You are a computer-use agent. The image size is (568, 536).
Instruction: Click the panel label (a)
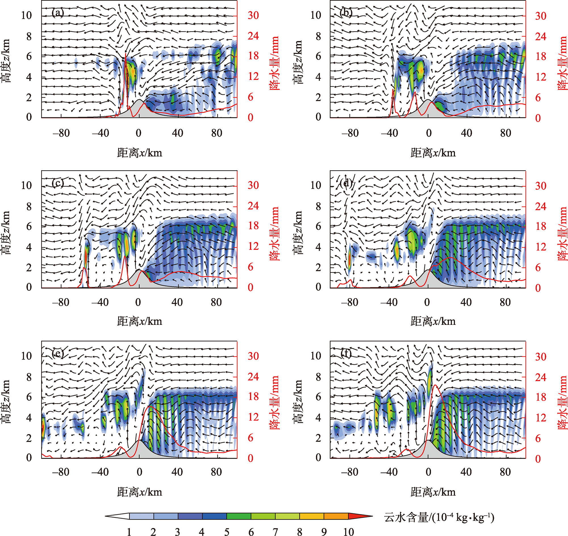(58, 13)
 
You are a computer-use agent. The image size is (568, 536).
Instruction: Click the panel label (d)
(346, 183)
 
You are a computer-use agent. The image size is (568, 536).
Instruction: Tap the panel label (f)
(346, 354)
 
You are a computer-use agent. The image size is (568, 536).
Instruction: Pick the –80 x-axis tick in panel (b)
(350, 133)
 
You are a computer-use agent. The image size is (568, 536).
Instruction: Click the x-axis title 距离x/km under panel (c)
(139, 321)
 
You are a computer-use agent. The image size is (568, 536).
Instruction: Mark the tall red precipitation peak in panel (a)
(126, 54)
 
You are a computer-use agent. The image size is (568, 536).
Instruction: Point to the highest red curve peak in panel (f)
(435, 385)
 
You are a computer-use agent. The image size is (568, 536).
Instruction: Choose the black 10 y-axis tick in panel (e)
(26, 356)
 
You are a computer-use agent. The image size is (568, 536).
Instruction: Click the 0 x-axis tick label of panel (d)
(427, 303)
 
